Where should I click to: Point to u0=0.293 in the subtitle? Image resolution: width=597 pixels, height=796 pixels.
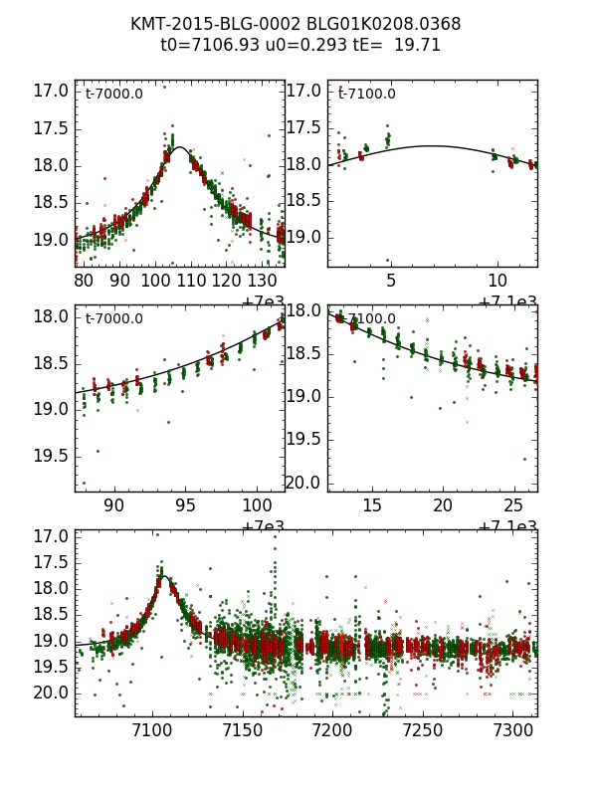click(x=298, y=45)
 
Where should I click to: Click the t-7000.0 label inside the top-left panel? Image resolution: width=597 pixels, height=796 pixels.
click(x=114, y=95)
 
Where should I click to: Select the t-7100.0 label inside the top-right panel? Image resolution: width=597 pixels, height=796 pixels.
click(x=367, y=95)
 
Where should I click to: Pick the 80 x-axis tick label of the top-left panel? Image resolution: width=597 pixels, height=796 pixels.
click(x=85, y=281)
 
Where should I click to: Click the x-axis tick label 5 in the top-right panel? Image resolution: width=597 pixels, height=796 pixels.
click(x=391, y=281)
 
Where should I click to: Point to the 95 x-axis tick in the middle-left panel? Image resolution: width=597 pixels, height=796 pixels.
click(x=186, y=505)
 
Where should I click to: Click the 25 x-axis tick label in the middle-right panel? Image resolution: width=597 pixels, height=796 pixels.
click(x=513, y=505)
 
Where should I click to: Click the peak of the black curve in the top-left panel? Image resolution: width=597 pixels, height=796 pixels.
click(x=181, y=147)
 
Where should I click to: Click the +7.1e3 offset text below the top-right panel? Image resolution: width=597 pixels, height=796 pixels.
click(x=507, y=301)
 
